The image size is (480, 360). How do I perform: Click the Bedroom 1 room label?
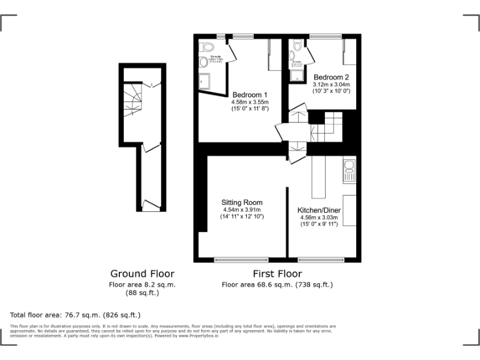click(x=249, y=94)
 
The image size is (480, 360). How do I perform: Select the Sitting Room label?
click(x=241, y=202)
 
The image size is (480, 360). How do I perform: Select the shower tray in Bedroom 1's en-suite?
click(x=206, y=80)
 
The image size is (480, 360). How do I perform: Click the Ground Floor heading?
click(x=142, y=274)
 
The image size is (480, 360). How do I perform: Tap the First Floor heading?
click(x=277, y=274)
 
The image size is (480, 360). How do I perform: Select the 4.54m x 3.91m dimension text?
click(x=241, y=210)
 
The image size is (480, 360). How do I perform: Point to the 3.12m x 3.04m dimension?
click(x=331, y=84)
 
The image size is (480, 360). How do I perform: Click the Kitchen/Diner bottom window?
click(x=321, y=259)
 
